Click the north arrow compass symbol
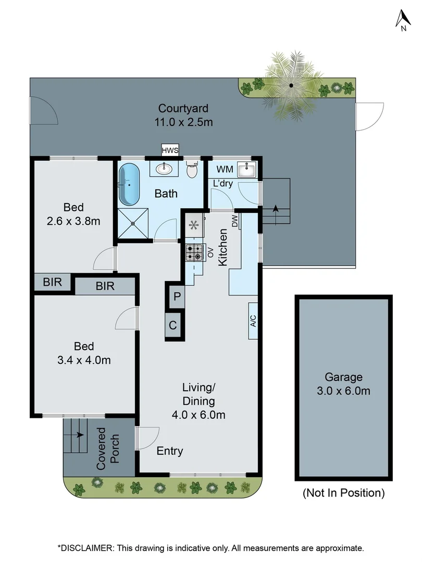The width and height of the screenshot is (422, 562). [402, 20]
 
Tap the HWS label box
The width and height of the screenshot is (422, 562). [170, 150]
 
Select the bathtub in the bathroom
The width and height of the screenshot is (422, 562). [129, 185]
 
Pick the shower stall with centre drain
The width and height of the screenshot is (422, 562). [133, 223]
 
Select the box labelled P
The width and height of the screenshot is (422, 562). [177, 297]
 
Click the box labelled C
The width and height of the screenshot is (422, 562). [173, 326]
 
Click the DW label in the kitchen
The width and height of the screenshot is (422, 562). [235, 221]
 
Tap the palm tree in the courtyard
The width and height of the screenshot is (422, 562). [291, 84]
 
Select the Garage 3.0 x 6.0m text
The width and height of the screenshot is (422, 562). [343, 384]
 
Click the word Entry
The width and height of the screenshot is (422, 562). [170, 451]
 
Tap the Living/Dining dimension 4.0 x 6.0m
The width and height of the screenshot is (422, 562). [198, 415]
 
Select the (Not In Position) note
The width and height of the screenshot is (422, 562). [343, 492]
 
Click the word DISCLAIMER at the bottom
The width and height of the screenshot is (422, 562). [86, 548]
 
